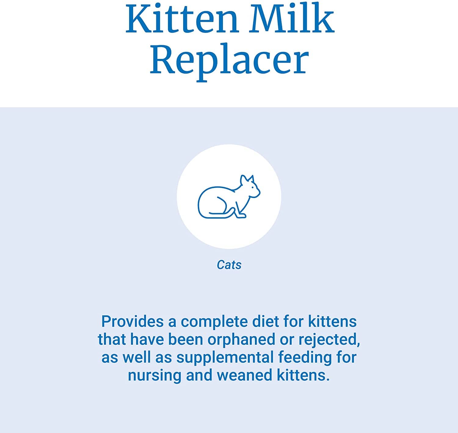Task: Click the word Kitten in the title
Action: click(182, 19)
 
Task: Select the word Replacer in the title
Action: click(229, 60)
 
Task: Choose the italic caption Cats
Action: click(229, 265)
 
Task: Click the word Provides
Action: click(132, 322)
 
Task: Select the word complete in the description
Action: click(214, 322)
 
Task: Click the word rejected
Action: click(329, 340)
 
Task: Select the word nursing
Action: click(154, 375)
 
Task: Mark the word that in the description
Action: click(112, 340)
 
